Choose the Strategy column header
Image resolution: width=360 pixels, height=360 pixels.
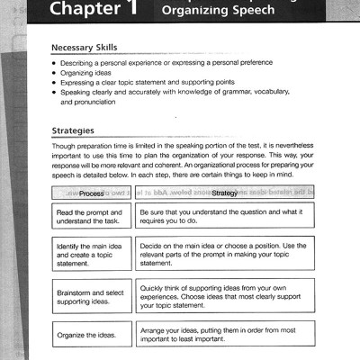225,193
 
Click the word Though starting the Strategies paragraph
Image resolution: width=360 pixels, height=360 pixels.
66,145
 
